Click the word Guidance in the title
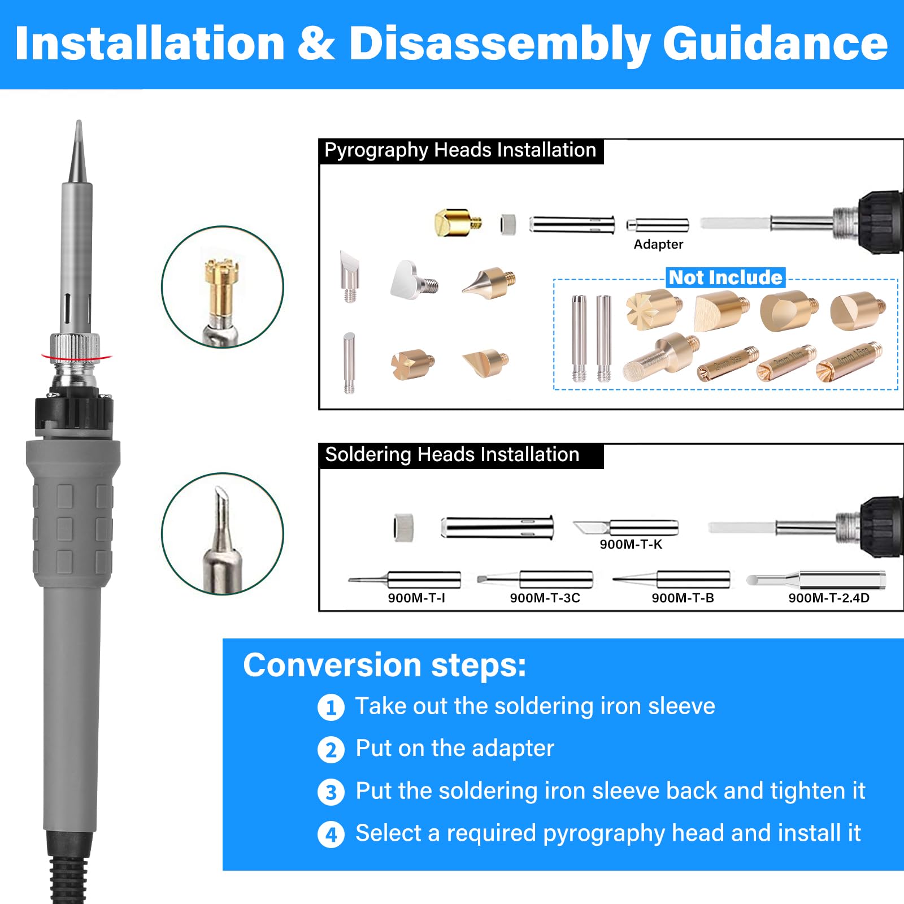(775, 44)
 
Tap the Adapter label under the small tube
(658, 244)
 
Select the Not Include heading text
(725, 277)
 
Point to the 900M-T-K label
(631, 544)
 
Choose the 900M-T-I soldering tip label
(416, 598)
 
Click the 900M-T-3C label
(545, 598)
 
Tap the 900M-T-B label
(683, 598)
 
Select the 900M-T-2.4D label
(828, 598)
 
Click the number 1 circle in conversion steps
(331, 707)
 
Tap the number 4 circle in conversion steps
(331, 835)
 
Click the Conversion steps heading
(384, 665)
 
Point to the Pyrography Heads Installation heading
(460, 150)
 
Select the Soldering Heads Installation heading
(452, 455)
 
